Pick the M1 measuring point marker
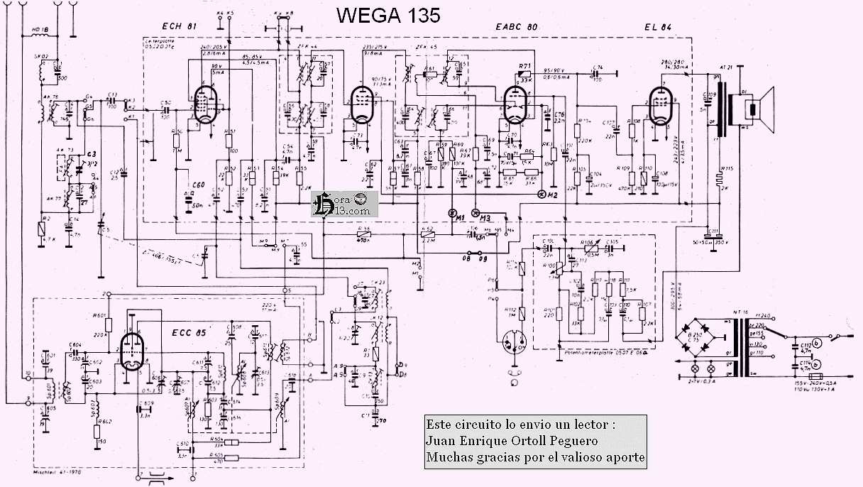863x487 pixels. point(454,213)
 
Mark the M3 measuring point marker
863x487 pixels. point(478,213)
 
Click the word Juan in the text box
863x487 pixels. point(440,441)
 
